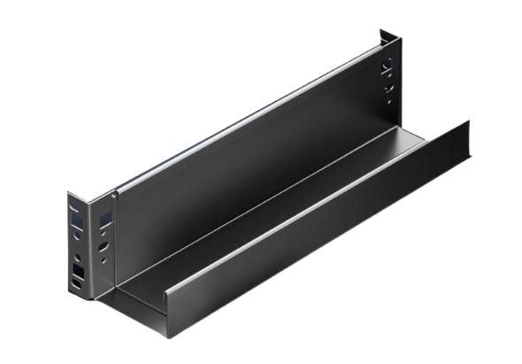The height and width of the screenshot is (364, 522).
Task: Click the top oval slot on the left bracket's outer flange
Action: pyautogui.click(x=74, y=206)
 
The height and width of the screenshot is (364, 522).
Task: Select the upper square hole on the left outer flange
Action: pyautogui.click(x=77, y=221)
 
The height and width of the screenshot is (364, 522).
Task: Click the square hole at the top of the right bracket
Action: pyautogui.click(x=386, y=65)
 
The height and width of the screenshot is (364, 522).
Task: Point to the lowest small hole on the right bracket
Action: pyautogui.click(x=387, y=99)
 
